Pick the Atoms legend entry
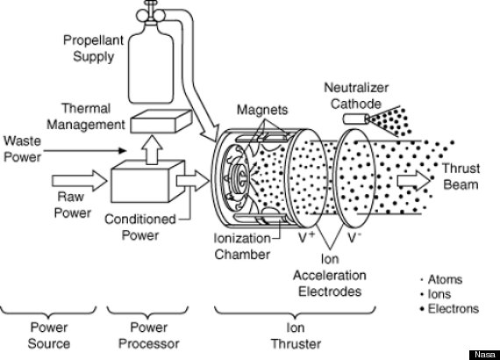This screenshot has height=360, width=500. tap(446, 280)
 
